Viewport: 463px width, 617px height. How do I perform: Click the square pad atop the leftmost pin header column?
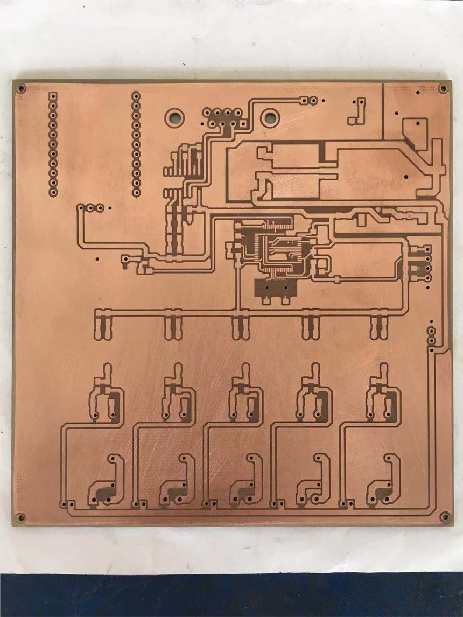click(x=53, y=96)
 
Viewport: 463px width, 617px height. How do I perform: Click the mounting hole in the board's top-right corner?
click(x=443, y=88)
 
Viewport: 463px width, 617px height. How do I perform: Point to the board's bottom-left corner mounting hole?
click(x=20, y=517)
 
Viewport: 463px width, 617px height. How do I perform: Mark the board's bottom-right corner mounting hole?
click(x=445, y=516)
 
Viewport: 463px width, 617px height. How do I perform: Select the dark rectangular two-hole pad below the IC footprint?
click(x=276, y=289)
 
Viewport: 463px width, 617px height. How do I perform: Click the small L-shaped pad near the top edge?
click(x=358, y=110)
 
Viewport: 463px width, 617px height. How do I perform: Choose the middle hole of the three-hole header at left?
click(x=90, y=207)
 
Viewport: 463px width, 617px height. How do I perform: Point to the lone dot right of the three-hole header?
click(x=109, y=207)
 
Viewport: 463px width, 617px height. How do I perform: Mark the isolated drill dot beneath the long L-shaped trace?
click(x=97, y=259)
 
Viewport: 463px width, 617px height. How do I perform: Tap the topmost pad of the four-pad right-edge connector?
click(x=427, y=250)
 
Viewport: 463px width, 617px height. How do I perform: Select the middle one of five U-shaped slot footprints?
click(x=240, y=327)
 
